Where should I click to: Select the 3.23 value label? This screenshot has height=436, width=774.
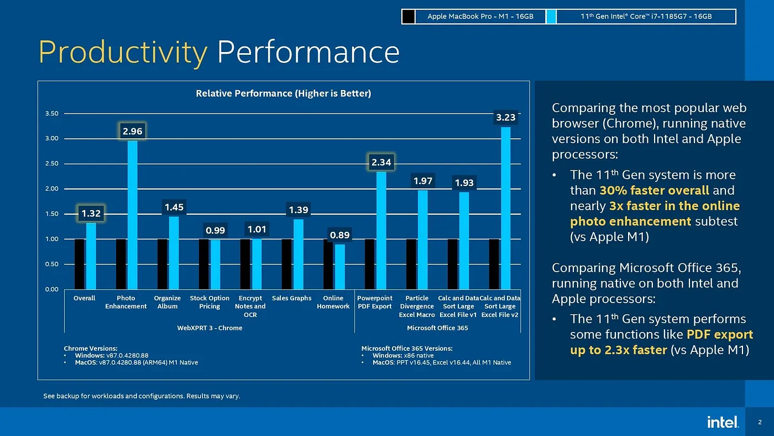tap(505, 117)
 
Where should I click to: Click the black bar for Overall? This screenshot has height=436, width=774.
tap(80, 264)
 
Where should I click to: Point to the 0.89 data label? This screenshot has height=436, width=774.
tap(339, 235)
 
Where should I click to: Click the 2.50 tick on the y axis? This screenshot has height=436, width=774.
tap(51, 164)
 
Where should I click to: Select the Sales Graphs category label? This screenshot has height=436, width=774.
tap(291, 298)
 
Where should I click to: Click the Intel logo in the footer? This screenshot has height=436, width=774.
tap(723, 422)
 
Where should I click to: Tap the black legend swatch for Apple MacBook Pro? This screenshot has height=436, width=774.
tap(408, 17)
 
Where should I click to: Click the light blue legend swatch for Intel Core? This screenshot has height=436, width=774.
tap(551, 17)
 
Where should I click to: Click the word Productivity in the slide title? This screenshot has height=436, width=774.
tap(123, 53)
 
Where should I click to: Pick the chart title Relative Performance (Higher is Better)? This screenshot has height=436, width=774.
tap(283, 94)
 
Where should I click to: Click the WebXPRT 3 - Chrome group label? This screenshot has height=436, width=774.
tap(210, 328)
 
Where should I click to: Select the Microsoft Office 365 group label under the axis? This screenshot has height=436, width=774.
tap(437, 328)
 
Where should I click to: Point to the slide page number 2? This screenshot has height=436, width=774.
tap(760, 422)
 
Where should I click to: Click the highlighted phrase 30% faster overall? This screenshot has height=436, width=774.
tap(654, 190)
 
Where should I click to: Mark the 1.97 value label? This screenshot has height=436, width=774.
tap(423, 181)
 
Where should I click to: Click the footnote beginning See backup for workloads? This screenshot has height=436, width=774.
tap(142, 396)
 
